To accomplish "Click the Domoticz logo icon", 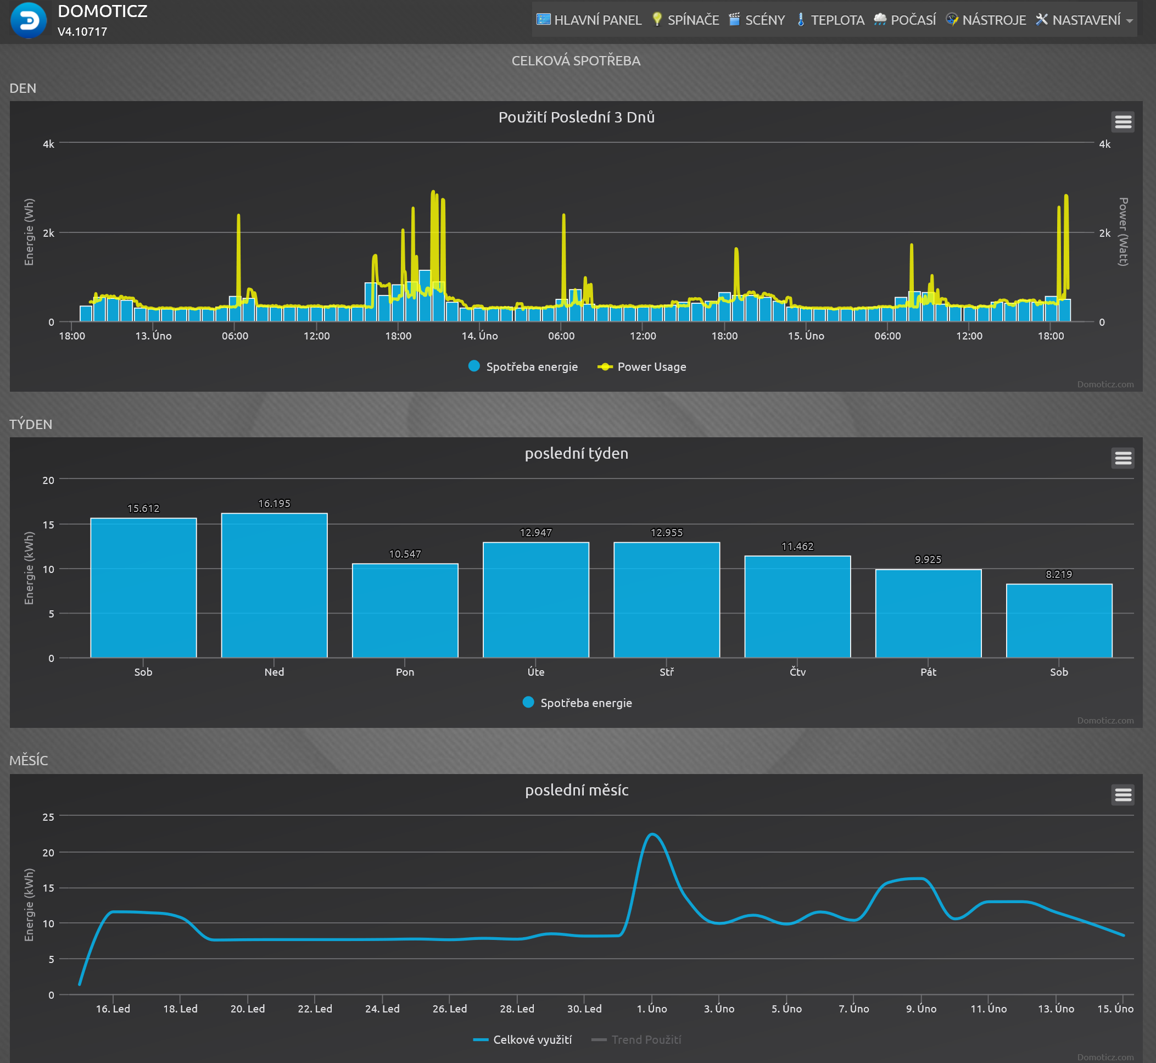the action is (x=28, y=21).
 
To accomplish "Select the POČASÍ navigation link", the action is (x=904, y=20).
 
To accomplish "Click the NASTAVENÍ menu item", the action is (x=1084, y=20).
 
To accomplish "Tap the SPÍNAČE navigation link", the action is (x=685, y=20).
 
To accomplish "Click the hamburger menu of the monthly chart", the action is (x=1123, y=795).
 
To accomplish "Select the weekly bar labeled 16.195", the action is (x=275, y=585).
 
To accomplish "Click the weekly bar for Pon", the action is (x=405, y=610).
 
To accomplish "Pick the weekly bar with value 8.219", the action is (x=1059, y=621).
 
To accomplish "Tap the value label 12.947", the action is (x=535, y=533).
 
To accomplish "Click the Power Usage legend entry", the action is (x=642, y=367).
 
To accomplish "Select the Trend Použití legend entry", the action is (x=636, y=1039).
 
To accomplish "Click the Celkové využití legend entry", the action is (x=522, y=1039).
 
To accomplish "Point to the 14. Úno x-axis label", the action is (x=479, y=336).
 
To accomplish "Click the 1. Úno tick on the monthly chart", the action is (x=652, y=1009).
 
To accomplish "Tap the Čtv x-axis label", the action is (x=798, y=672).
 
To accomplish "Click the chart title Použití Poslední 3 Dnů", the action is (x=576, y=118).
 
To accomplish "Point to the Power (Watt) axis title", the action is (x=1123, y=232).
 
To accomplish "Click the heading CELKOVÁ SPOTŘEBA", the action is (x=576, y=61).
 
